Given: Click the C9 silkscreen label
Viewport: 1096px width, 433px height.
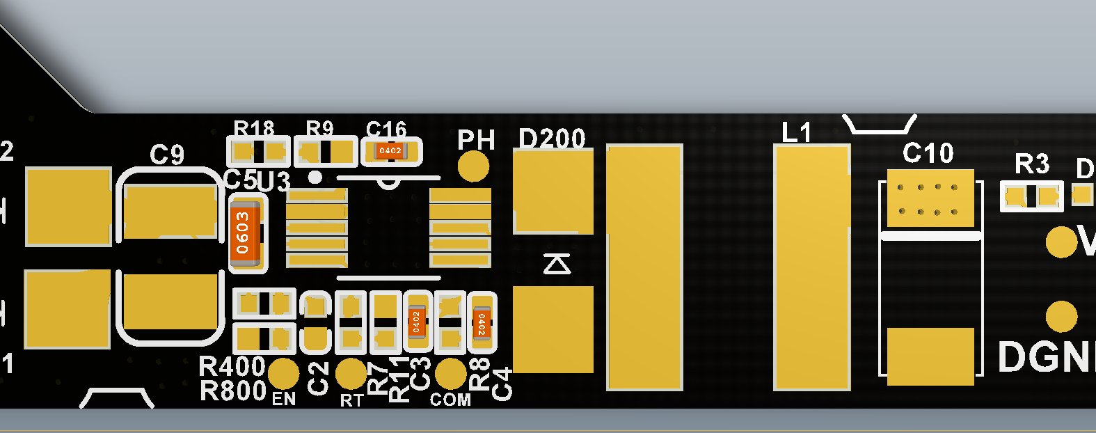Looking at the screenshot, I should point(167,155).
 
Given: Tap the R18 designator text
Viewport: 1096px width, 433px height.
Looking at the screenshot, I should point(253,129).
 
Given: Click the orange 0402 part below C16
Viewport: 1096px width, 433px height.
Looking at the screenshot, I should point(390,151).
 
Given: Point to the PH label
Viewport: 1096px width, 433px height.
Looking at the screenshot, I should point(476,141).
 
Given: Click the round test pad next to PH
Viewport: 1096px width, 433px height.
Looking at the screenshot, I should point(474,166).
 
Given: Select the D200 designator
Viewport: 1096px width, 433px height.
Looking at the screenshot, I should point(553,139).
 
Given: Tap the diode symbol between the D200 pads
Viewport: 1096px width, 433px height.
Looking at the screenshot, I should point(557,264).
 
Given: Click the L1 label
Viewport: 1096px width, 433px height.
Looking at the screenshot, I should point(797,132).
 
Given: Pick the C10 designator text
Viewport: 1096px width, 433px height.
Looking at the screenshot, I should point(928,153).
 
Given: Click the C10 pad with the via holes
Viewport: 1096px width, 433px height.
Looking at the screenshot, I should point(930,198).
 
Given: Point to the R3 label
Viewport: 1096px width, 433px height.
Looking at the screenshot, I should point(1031,164).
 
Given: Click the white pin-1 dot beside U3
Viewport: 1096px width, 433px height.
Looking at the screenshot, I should point(315,178).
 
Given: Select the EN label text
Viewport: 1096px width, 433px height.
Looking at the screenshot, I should point(284,399).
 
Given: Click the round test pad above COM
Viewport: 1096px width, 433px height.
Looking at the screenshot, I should point(451,373).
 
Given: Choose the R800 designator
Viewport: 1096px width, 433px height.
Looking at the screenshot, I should point(233,391).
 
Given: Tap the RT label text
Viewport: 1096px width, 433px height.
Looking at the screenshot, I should point(351,400).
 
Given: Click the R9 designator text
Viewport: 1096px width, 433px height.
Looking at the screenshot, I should point(320,129).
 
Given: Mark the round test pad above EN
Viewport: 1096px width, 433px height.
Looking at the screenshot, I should point(283,374).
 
